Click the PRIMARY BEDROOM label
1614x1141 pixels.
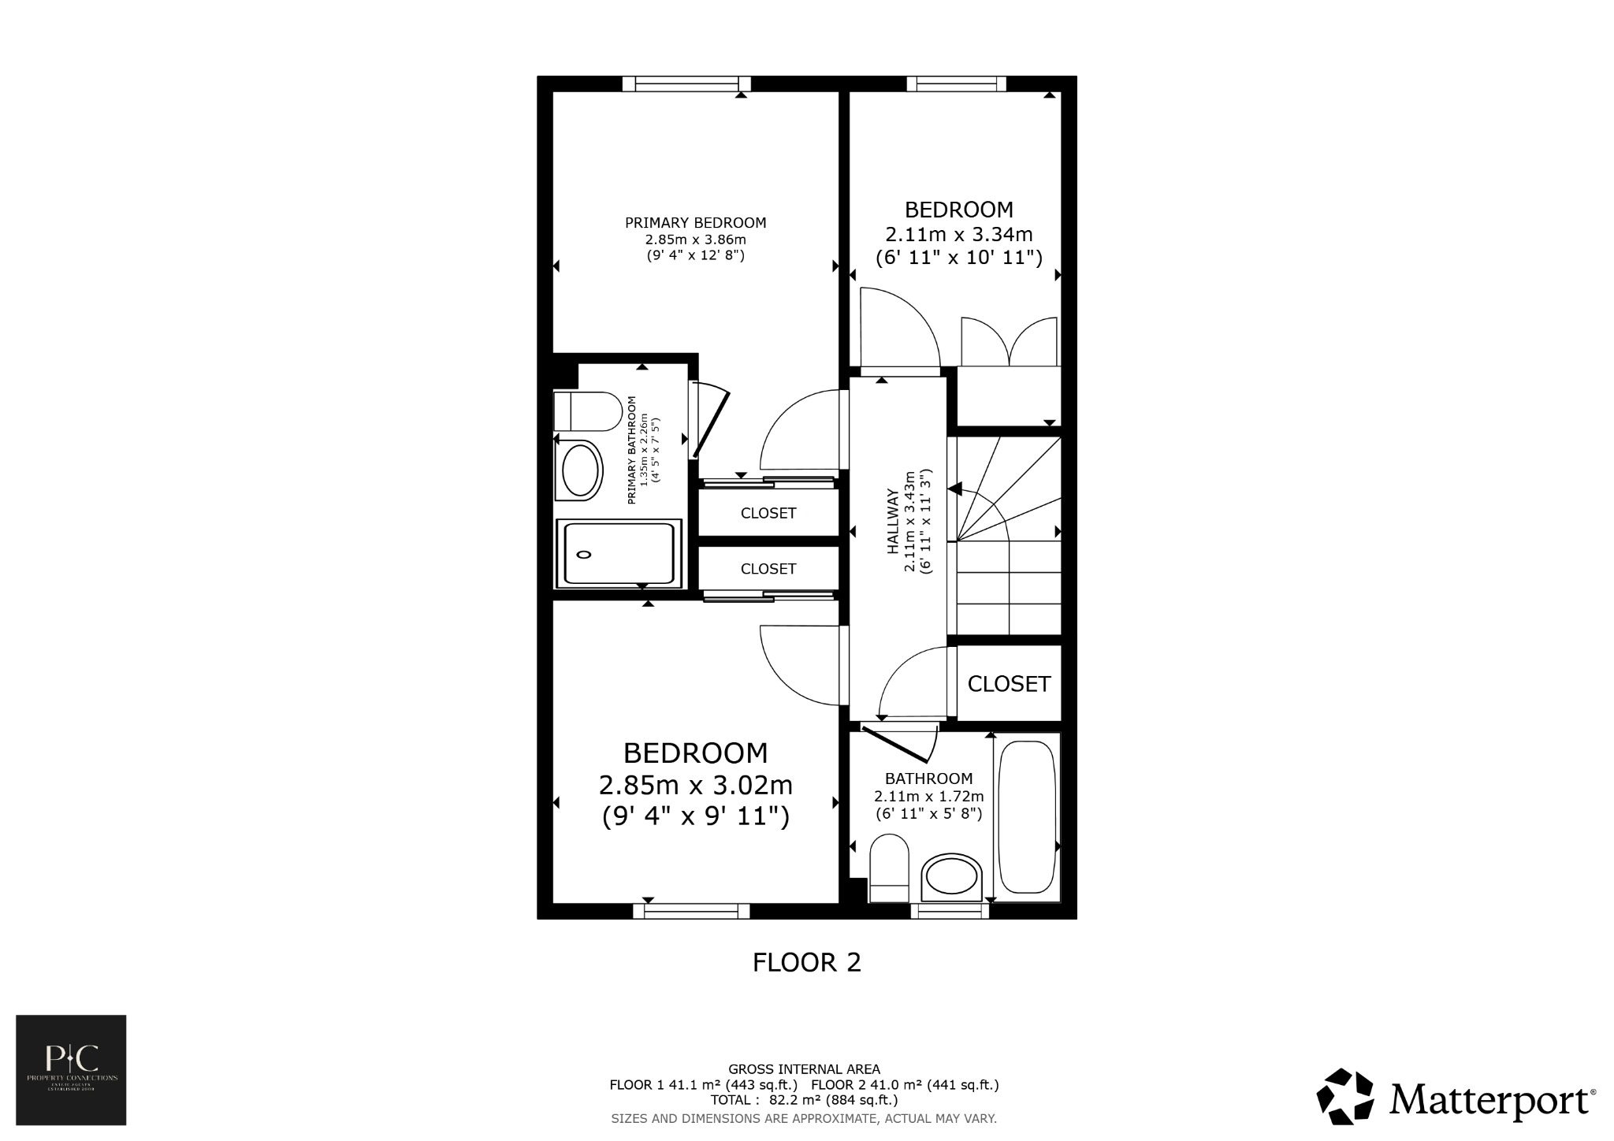[695, 223]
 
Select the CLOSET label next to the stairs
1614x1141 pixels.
[1009, 684]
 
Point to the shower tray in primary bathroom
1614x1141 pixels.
[618, 553]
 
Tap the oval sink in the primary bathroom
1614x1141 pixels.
[581, 470]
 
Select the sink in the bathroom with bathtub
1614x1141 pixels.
[952, 879]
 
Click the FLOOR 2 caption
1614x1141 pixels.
[806, 962]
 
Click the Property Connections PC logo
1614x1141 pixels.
[71, 1069]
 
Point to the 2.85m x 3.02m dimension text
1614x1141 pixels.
[695, 786]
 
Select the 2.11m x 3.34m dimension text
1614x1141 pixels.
[958, 235]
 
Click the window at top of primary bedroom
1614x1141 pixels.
[686, 84]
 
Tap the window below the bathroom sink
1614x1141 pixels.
[950, 911]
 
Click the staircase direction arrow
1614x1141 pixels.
[955, 489]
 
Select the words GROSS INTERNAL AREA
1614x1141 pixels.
[804, 1069]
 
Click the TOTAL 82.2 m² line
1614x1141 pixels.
[804, 1100]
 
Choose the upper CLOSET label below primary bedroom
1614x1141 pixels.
[768, 513]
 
